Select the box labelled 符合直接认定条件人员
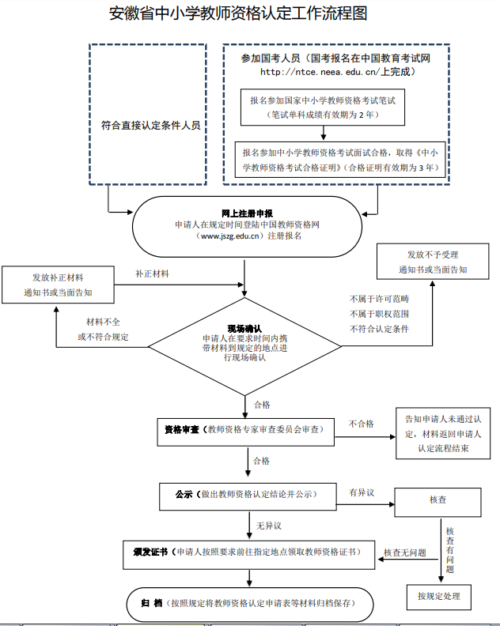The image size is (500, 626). tap(151, 125)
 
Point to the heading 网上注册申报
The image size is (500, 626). tap(247, 213)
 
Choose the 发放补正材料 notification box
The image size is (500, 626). tap(58, 285)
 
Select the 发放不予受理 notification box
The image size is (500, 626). tap(433, 262)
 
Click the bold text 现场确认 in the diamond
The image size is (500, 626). tap(244, 328)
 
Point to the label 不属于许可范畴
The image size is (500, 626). tap(379, 300)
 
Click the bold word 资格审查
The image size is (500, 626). tap(181, 429)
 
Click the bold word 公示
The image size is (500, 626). tap(184, 494)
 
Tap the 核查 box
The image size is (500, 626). tap(437, 500)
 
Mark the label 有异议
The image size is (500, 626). tap(361, 492)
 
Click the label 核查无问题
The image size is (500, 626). tap(405, 552)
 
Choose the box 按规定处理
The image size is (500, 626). tap(438, 596)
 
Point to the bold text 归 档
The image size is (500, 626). tap(152, 603)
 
